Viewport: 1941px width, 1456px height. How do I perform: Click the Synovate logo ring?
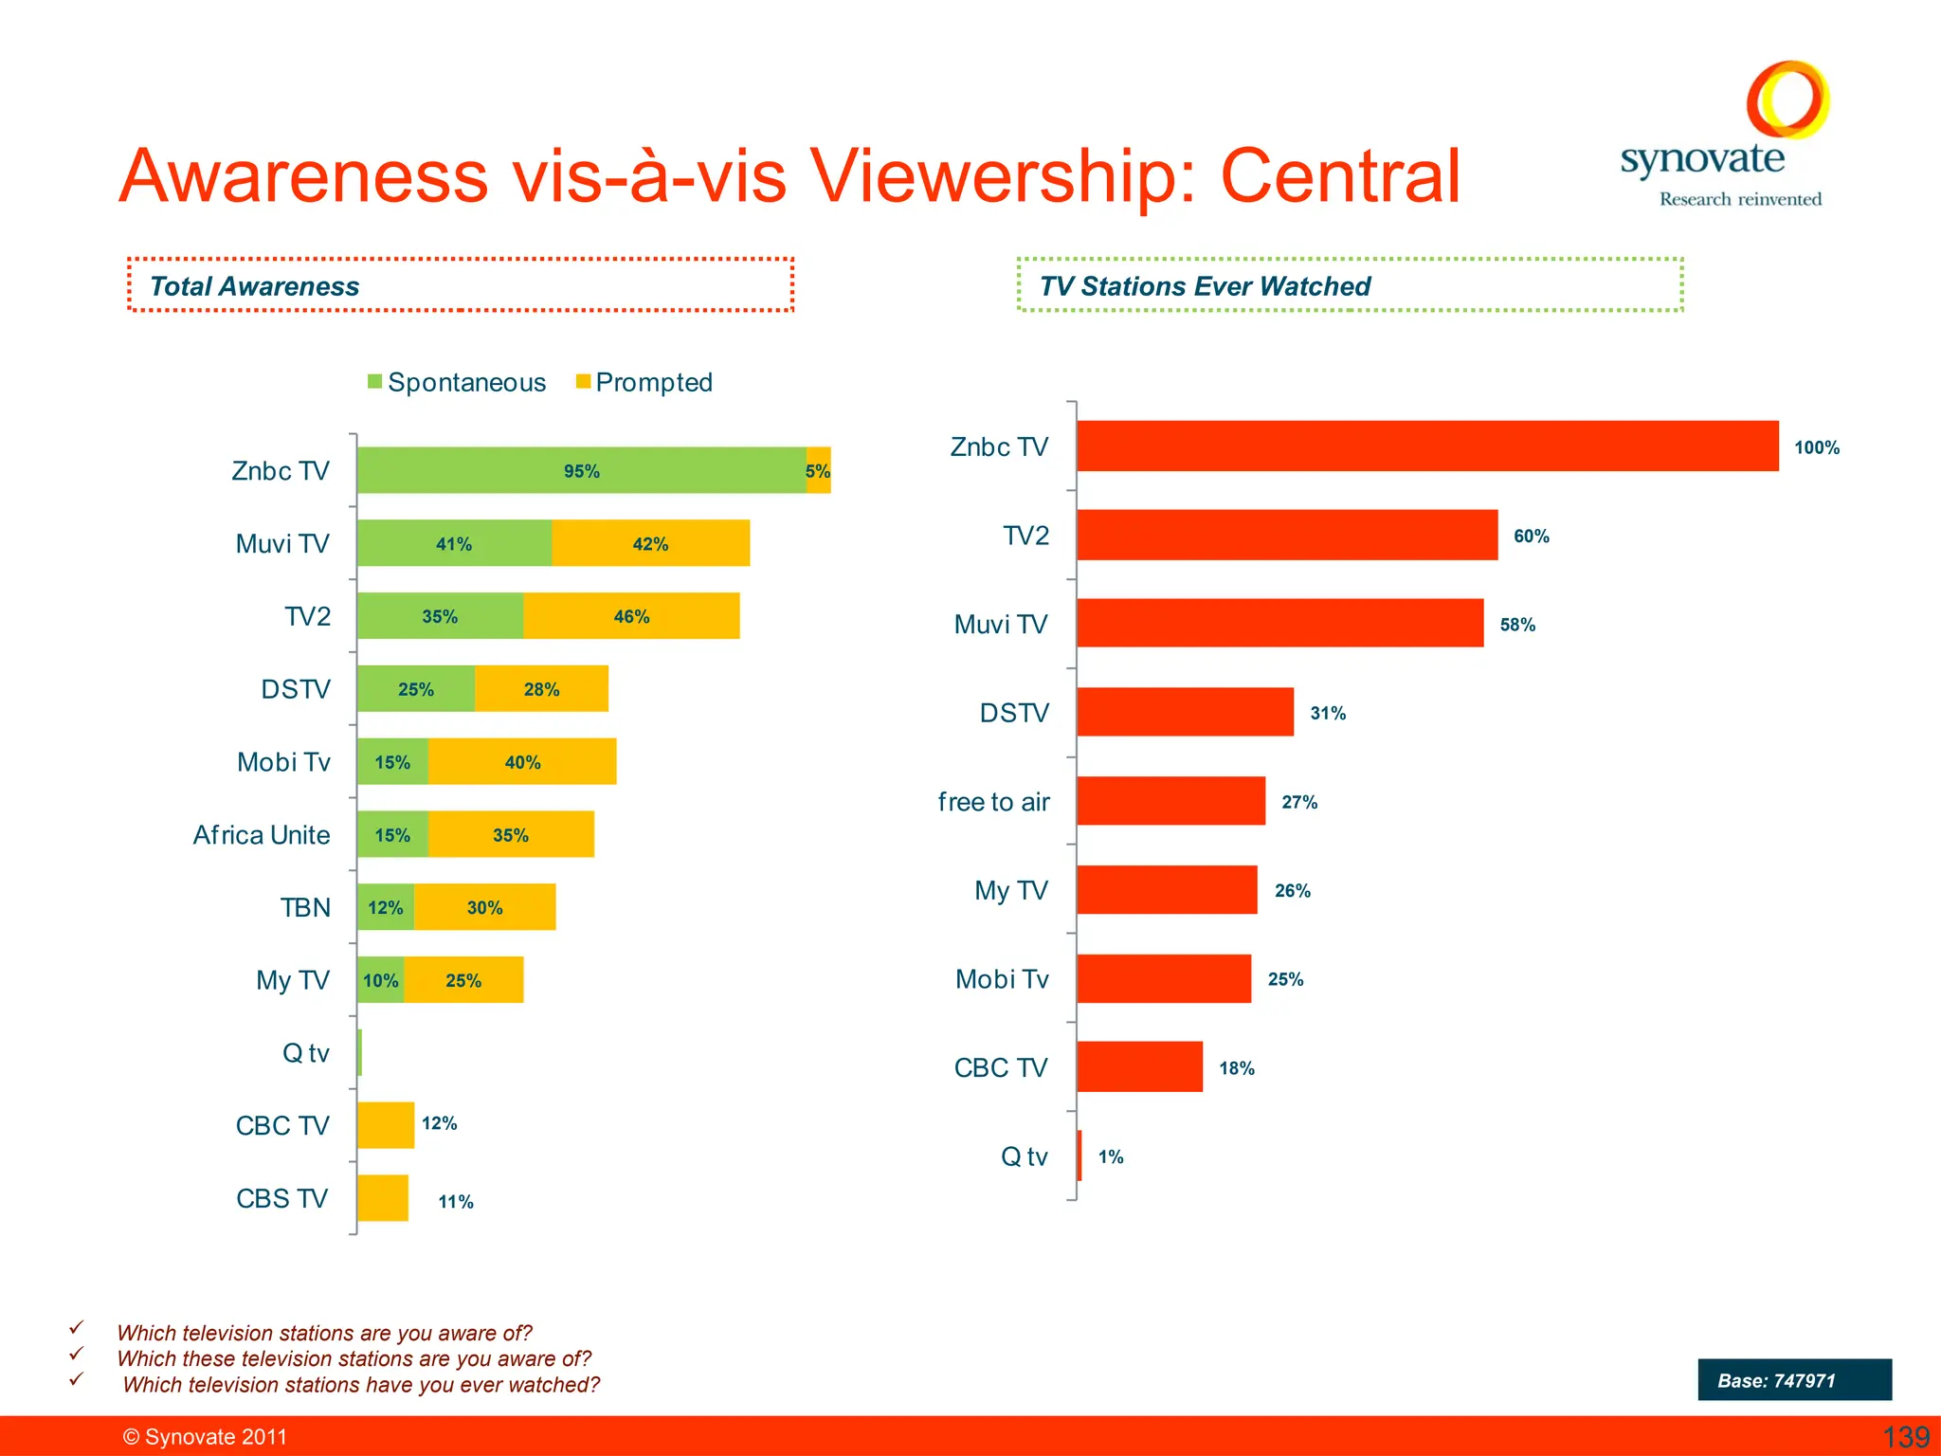point(1787,100)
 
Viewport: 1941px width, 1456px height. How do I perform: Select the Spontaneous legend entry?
point(457,382)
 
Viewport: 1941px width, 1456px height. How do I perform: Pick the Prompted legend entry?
point(644,382)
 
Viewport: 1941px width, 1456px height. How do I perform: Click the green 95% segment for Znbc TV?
point(581,471)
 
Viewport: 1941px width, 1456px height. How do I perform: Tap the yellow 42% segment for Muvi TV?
point(650,543)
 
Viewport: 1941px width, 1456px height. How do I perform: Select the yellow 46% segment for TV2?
point(631,616)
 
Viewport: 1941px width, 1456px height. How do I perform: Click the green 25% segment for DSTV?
point(415,689)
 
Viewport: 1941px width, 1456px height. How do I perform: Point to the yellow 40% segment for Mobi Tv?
point(522,762)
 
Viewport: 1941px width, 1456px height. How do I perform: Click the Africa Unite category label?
point(262,835)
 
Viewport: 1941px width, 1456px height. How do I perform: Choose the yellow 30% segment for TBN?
point(484,908)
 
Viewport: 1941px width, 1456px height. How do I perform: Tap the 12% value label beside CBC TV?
point(439,1123)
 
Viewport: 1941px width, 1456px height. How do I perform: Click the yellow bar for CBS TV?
point(383,1198)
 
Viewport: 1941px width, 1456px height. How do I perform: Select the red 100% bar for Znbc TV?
point(1426,446)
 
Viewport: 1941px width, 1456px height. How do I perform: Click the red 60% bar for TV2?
point(1287,536)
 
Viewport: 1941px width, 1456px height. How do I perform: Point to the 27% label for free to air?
point(1299,802)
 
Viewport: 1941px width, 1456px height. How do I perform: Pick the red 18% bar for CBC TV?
point(1139,1067)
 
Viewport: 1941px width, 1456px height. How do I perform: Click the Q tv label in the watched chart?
point(1024,1156)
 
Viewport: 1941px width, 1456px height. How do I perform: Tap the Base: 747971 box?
point(1794,1380)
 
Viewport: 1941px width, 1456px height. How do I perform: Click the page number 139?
point(1905,1437)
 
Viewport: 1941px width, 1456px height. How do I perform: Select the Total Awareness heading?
point(255,286)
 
